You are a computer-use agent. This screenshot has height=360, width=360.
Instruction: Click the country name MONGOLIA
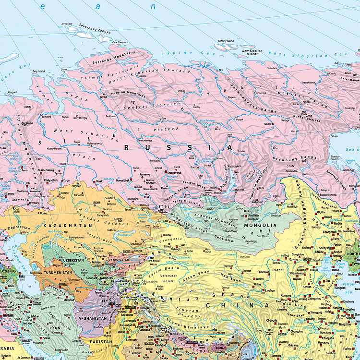(260, 225)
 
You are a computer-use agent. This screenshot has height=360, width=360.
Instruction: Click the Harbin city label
(338, 223)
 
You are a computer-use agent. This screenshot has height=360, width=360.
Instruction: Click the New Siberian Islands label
(252, 52)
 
